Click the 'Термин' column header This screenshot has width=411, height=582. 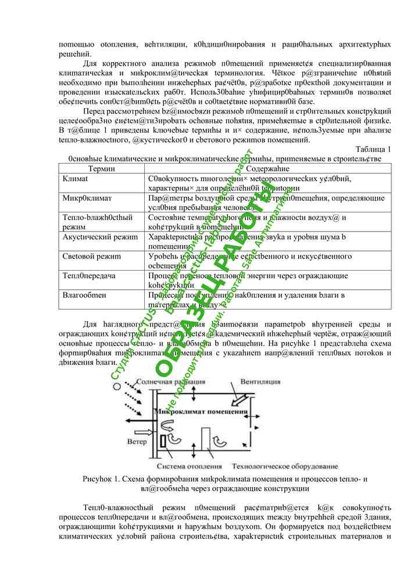[102, 168]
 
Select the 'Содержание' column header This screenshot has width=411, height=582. [267, 168]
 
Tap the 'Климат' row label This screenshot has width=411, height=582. [75, 178]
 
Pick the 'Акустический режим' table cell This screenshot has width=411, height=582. [100, 237]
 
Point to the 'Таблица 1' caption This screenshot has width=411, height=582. [373, 149]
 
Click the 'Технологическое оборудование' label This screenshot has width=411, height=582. [284, 467]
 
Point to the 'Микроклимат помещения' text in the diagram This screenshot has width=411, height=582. [200, 412]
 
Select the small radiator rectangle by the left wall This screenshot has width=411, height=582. [163, 441]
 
